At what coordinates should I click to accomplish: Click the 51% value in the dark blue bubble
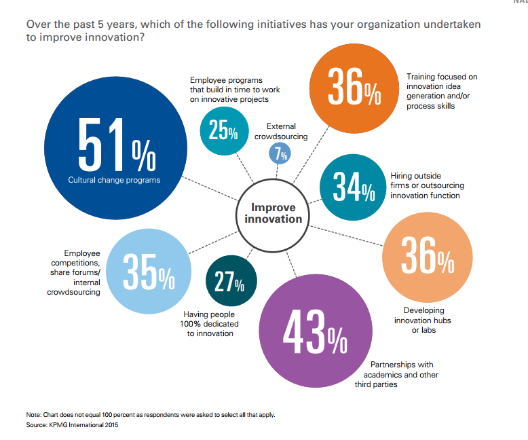[116, 146]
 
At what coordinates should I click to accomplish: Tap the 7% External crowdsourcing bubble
[279, 154]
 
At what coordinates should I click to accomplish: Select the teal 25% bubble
[223, 131]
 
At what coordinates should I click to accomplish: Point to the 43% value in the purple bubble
[314, 332]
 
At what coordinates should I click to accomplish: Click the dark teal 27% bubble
[231, 280]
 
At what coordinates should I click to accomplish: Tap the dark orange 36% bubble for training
[354, 88]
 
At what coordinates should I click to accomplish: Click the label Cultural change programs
[114, 180]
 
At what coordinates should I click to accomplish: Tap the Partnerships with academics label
[397, 375]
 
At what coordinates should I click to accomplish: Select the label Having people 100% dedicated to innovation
[212, 324]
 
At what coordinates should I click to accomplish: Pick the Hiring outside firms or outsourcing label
[425, 185]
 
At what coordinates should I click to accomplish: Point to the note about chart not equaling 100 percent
[150, 414]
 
